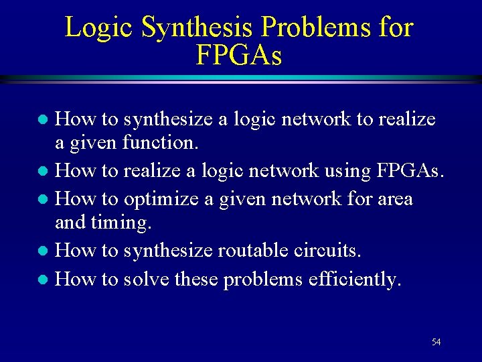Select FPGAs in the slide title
[239, 56]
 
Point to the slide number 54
[436, 343]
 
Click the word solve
[145, 279]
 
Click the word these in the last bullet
[195, 279]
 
